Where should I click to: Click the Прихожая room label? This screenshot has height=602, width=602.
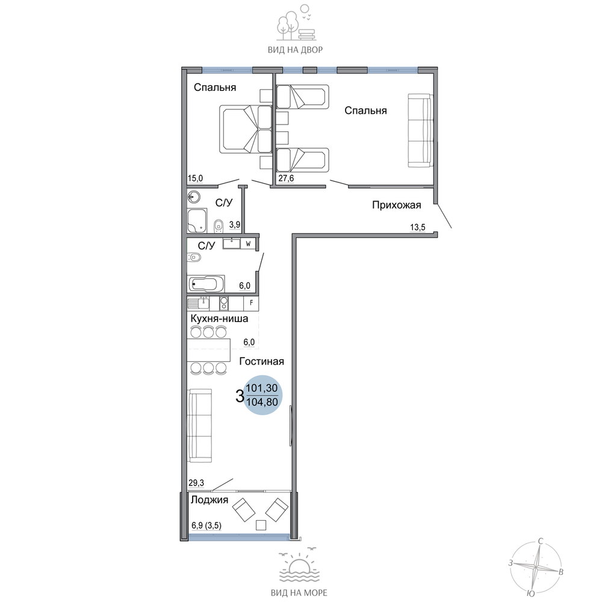tap(397, 205)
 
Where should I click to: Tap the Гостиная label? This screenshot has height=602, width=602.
tap(261, 361)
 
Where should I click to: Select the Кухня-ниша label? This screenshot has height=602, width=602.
tap(219, 318)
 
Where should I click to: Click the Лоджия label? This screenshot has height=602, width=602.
tap(209, 500)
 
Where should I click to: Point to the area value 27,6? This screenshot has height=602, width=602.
tap(286, 178)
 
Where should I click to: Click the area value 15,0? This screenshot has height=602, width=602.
tap(195, 178)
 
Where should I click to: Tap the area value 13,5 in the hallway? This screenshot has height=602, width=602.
tap(418, 228)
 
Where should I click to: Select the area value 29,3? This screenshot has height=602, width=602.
tap(196, 483)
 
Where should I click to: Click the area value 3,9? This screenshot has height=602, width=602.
tap(235, 225)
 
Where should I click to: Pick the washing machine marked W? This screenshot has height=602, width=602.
tap(248, 244)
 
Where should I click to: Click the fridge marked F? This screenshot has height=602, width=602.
tap(251, 303)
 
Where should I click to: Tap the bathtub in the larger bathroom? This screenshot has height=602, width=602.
tap(206, 284)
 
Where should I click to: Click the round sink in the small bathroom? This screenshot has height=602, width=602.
tap(194, 197)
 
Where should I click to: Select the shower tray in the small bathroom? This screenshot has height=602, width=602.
tap(197, 220)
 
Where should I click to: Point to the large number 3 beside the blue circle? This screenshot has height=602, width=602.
tap(240, 396)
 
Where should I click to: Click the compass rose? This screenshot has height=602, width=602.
tap(535, 566)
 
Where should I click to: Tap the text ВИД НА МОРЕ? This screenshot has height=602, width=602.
tap(299, 593)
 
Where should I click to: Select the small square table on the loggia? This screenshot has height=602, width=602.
tap(261, 525)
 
